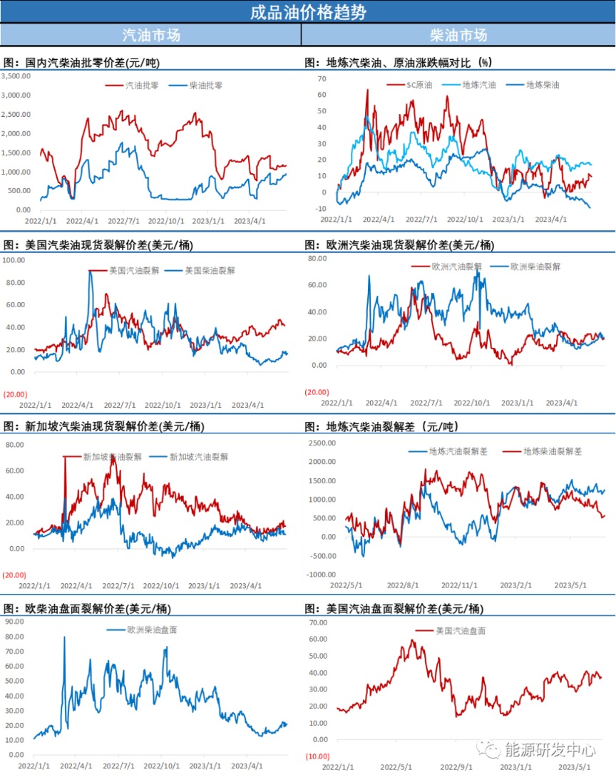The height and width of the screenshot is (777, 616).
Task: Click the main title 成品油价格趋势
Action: click(307, 12)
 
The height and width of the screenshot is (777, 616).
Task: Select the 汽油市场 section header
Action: click(151, 35)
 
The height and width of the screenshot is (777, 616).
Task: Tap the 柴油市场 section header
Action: click(458, 35)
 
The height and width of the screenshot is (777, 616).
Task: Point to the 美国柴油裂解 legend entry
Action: click(210, 271)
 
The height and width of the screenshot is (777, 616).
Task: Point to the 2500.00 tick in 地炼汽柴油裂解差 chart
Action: click(322, 443)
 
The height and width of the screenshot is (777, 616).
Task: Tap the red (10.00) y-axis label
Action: click(317, 756)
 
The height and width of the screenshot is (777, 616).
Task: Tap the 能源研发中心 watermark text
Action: click(550, 749)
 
